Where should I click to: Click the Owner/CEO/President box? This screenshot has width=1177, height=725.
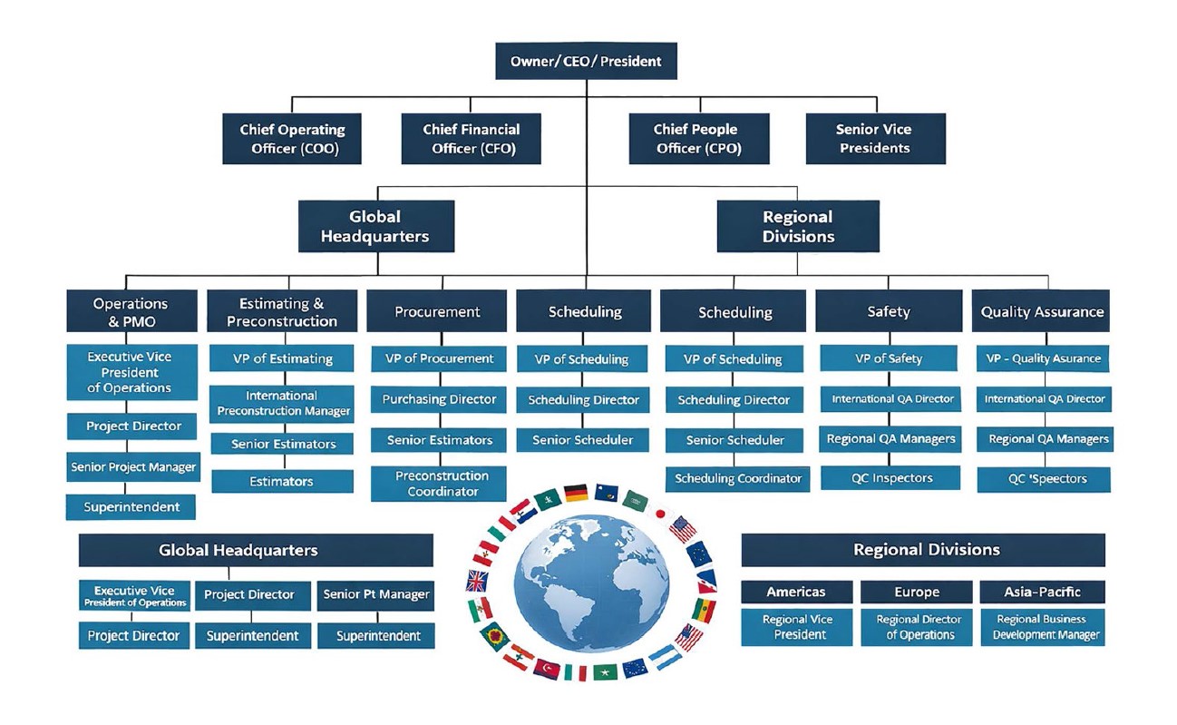[586, 62]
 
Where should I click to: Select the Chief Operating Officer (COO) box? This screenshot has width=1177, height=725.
[291, 139]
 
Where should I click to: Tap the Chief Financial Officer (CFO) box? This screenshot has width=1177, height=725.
[471, 139]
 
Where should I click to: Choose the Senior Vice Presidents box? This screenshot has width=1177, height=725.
[874, 139]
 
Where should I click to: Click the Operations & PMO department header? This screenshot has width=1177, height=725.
[131, 311]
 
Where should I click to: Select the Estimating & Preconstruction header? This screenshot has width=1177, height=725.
[281, 311]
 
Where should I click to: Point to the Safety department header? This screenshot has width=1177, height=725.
[888, 311]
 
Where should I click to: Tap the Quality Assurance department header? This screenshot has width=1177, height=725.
[1042, 311]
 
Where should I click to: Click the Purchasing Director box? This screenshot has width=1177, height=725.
[439, 399]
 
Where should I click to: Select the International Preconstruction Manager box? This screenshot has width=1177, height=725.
[281, 404]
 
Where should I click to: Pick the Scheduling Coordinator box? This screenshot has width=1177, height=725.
[738, 478]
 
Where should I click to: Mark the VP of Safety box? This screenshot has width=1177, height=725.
[888, 358]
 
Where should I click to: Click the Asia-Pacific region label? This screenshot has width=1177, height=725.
[1042, 592]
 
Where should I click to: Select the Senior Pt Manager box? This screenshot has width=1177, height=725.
[375, 595]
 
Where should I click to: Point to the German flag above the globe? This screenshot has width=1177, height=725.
[576, 493]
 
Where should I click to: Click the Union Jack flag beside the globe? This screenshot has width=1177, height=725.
[477, 581]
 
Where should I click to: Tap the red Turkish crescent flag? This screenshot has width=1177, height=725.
[547, 669]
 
